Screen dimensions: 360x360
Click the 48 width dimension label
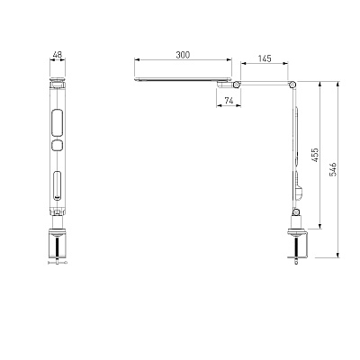point(57,55)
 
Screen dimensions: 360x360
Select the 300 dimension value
point(183,55)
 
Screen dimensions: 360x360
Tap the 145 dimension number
point(265,58)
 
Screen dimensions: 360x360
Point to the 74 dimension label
point(229,101)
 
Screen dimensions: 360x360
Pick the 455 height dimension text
point(315,155)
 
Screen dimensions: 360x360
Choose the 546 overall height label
point(333,169)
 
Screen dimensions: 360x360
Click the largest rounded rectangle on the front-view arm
point(57,123)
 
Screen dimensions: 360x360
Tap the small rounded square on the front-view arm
point(57,146)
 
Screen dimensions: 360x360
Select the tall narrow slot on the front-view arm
point(57,185)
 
